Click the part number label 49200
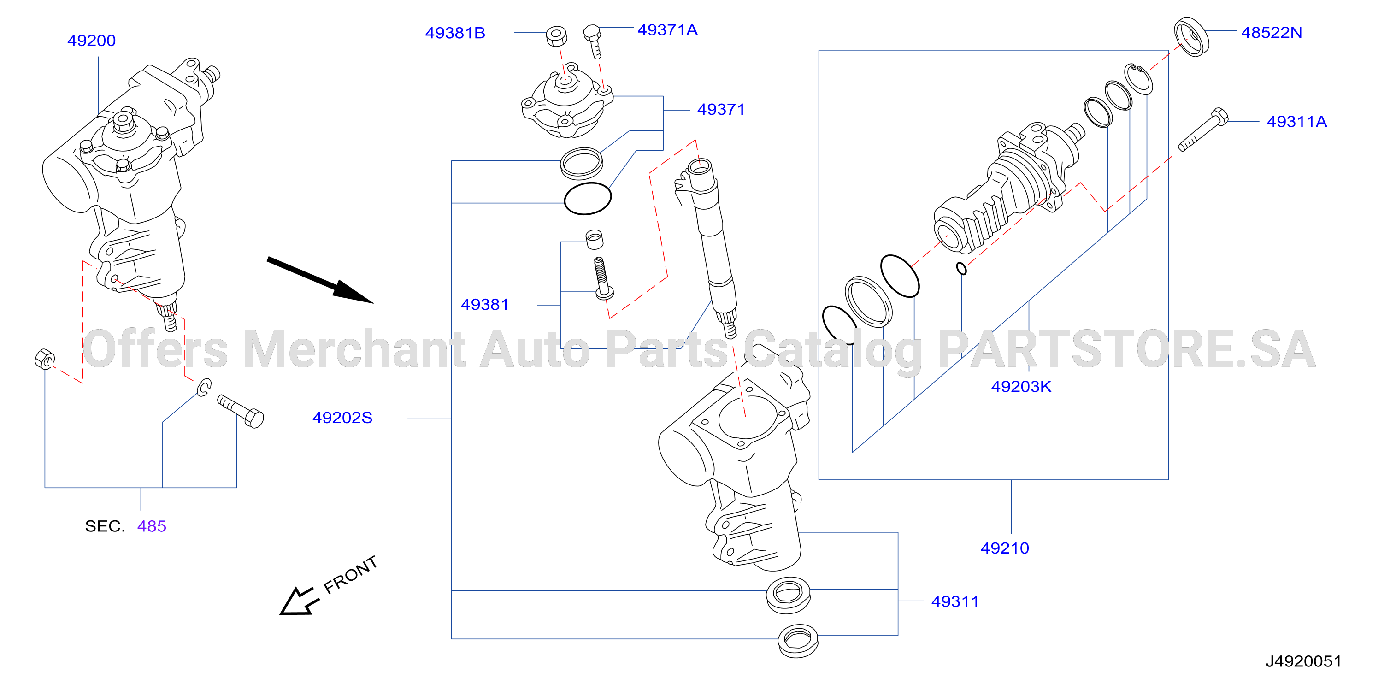pyautogui.click(x=91, y=41)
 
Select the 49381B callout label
pyautogui.click(x=455, y=33)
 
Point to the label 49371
pyautogui.click(x=721, y=110)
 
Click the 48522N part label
pyautogui.click(x=1272, y=33)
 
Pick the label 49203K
pyautogui.click(x=1021, y=386)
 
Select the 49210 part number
pyautogui.click(x=1005, y=548)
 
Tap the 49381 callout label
pyautogui.click(x=484, y=305)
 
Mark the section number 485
pyautogui.click(x=152, y=526)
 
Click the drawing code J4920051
pyautogui.click(x=1303, y=661)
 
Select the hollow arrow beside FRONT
pyautogui.click(x=297, y=601)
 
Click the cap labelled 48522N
pyautogui.click(x=1192, y=37)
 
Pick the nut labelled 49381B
pyautogui.click(x=556, y=36)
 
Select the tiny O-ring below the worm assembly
pyautogui.click(x=961, y=268)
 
